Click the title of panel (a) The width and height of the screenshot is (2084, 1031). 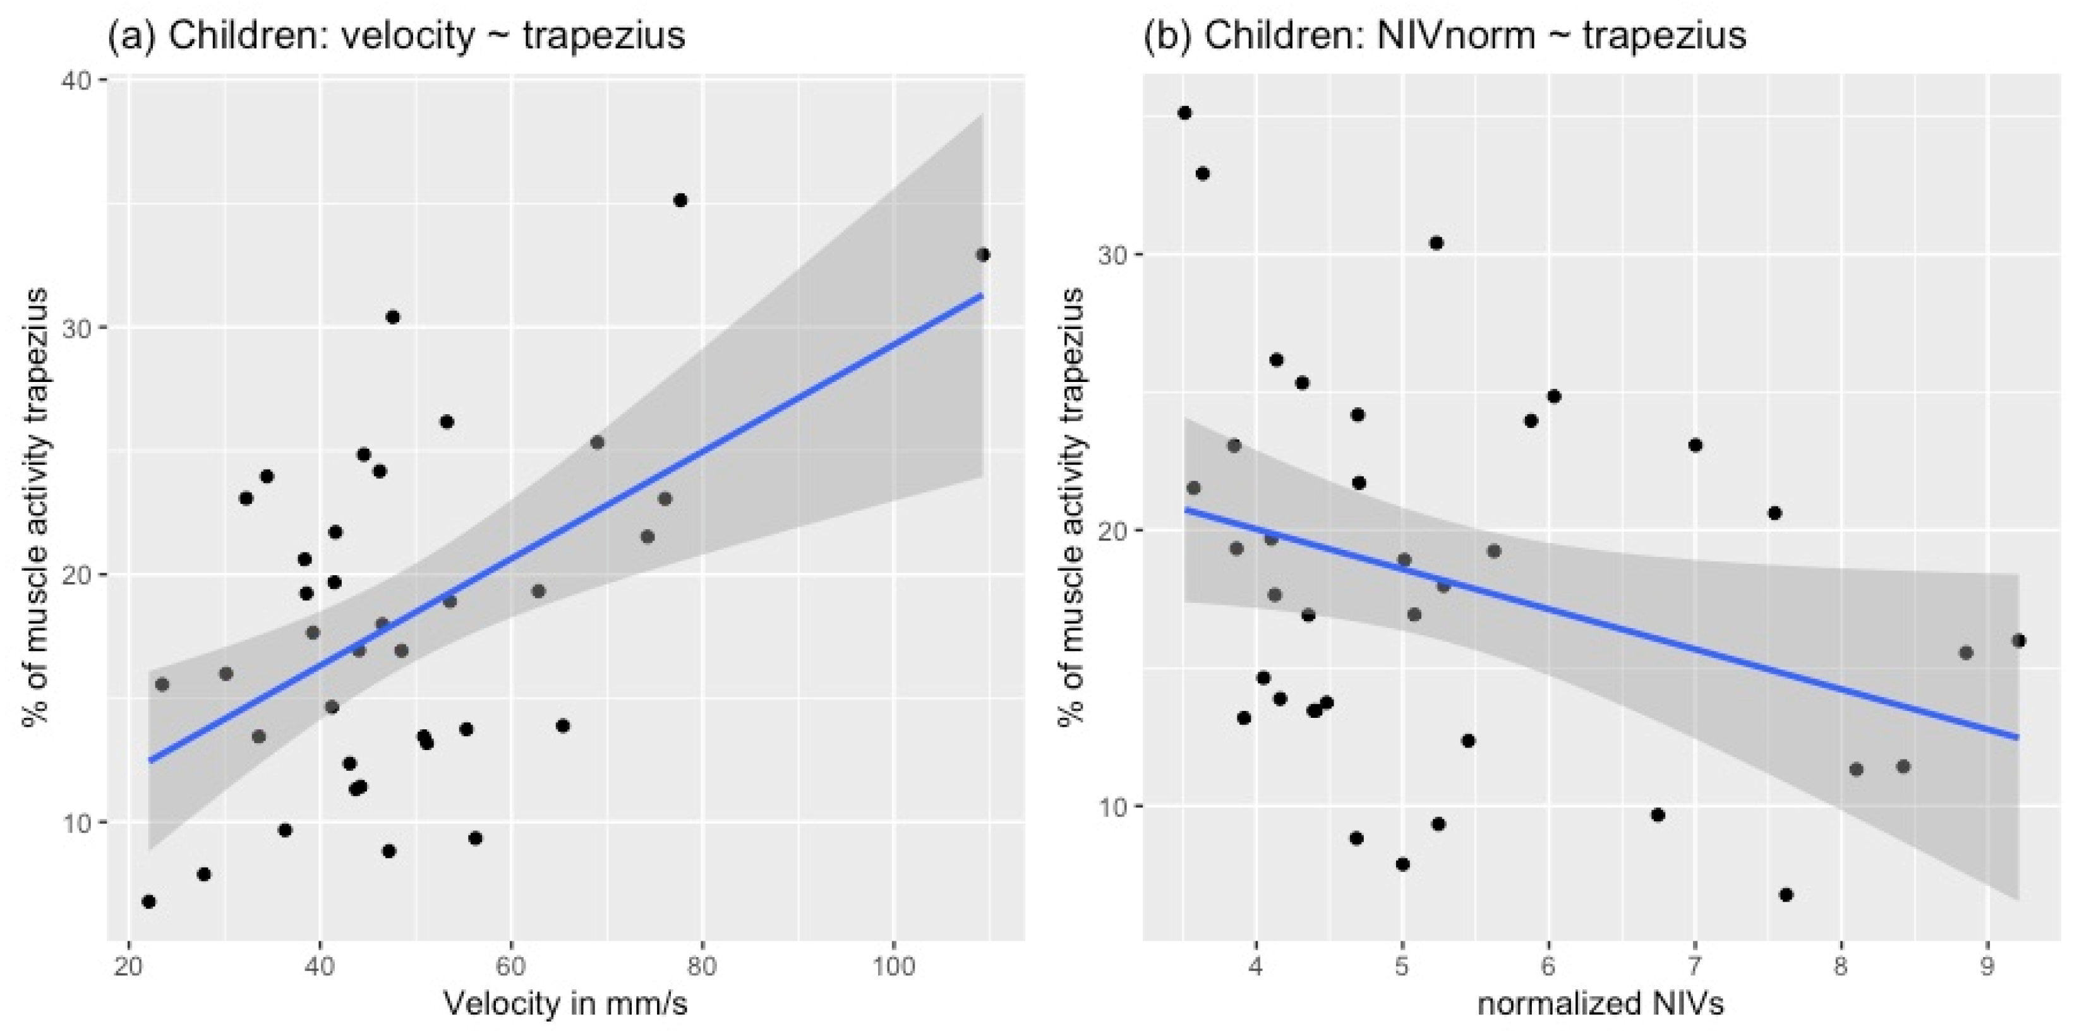pos(397,37)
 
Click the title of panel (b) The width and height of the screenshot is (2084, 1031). pos(1444,37)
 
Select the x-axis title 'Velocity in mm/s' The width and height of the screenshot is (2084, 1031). pos(565,1003)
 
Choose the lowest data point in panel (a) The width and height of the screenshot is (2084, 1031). pos(148,902)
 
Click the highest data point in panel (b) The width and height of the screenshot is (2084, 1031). pos(1184,113)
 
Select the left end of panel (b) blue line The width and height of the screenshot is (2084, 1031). pos(1185,510)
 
